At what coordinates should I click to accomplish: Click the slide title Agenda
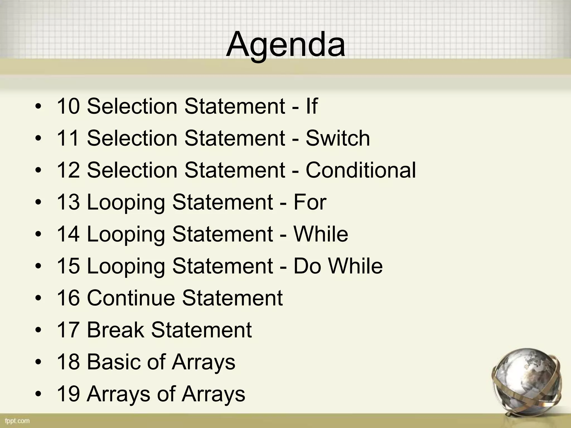[x=285, y=45]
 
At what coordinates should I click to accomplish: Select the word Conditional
[x=361, y=170]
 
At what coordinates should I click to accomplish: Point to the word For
[x=310, y=202]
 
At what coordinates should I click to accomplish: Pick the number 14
[x=68, y=234]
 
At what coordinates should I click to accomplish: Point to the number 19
[x=68, y=394]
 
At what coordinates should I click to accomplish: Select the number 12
[x=68, y=170]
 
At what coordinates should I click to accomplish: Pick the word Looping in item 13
[x=126, y=203]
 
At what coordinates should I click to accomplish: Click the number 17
[x=68, y=330]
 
